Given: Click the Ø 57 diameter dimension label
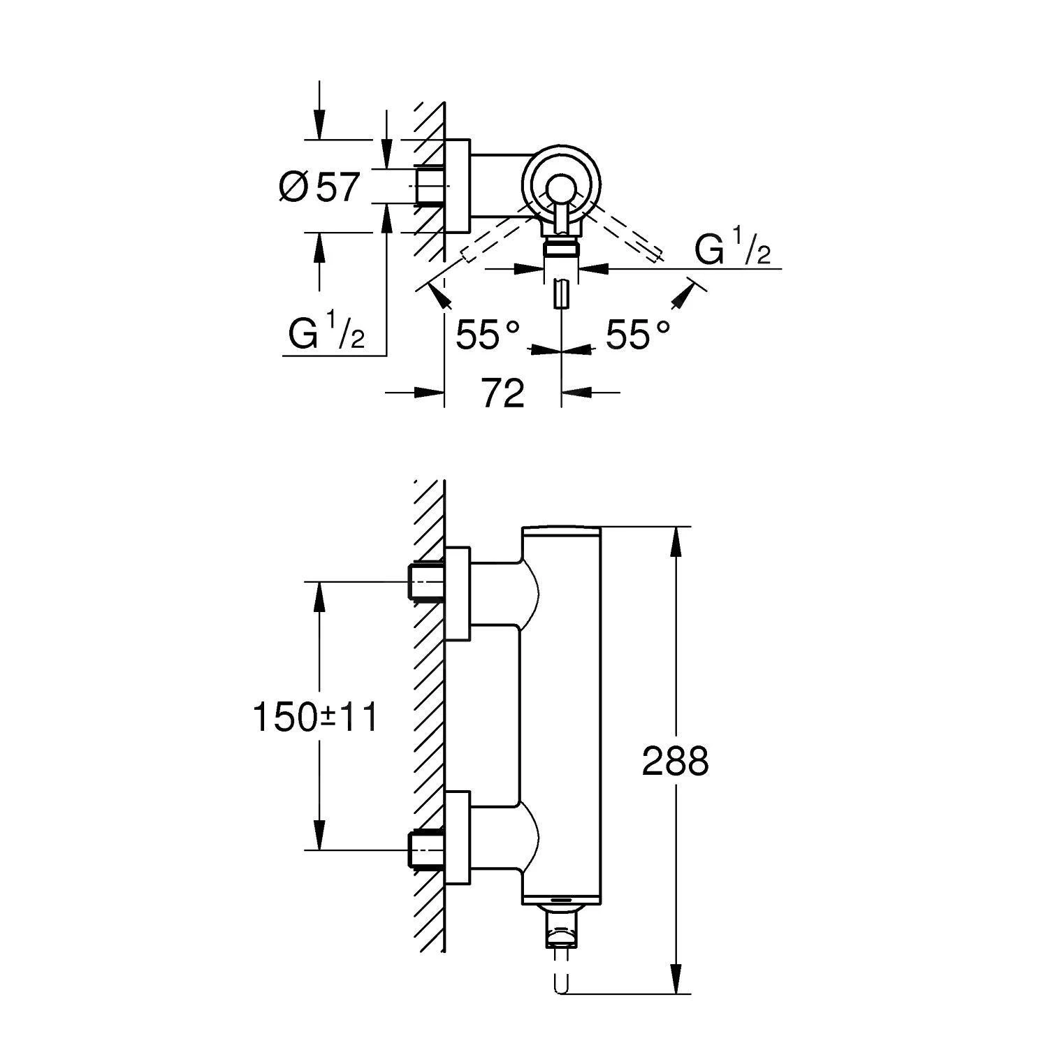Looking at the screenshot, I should tap(319, 187).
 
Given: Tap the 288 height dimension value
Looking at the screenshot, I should tap(675, 761).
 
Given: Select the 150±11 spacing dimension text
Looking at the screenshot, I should tap(315, 718).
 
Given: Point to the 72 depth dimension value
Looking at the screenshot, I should tap(503, 393).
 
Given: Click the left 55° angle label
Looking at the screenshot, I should tap(488, 335).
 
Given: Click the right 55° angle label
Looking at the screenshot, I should tap(637, 335).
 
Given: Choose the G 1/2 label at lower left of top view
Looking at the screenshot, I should tap(326, 335).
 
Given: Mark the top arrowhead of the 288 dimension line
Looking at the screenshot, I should tap(676, 541).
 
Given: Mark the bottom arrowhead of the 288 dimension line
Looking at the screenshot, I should tap(676, 978).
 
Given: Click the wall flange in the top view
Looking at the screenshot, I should tap(458, 186).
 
